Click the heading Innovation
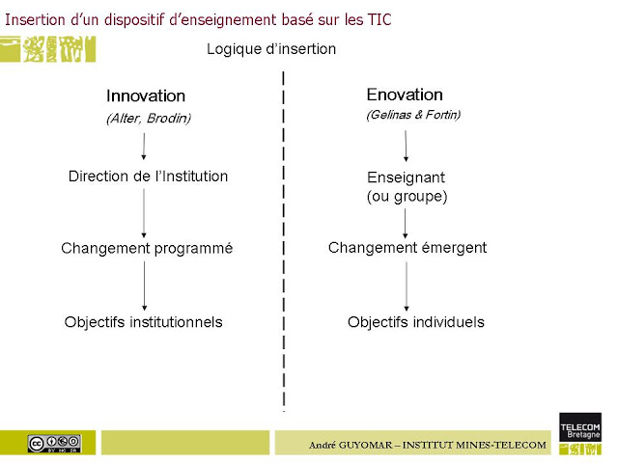click(146, 96)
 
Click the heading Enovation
click(405, 95)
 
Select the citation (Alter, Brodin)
click(149, 118)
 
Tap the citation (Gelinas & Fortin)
click(413, 115)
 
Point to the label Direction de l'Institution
click(148, 177)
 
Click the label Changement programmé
click(147, 249)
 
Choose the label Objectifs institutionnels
click(144, 322)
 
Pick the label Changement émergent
click(407, 248)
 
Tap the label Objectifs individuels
click(416, 322)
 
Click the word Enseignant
click(406, 177)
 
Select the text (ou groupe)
click(407, 197)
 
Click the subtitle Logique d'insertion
click(271, 49)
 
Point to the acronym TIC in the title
click(379, 19)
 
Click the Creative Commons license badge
click(55, 444)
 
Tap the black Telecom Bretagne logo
click(580, 426)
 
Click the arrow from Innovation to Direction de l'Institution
click(144, 147)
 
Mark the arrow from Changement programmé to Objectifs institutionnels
click(144, 286)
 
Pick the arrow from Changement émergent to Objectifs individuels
click(407, 286)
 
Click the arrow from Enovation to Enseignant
click(406, 146)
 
